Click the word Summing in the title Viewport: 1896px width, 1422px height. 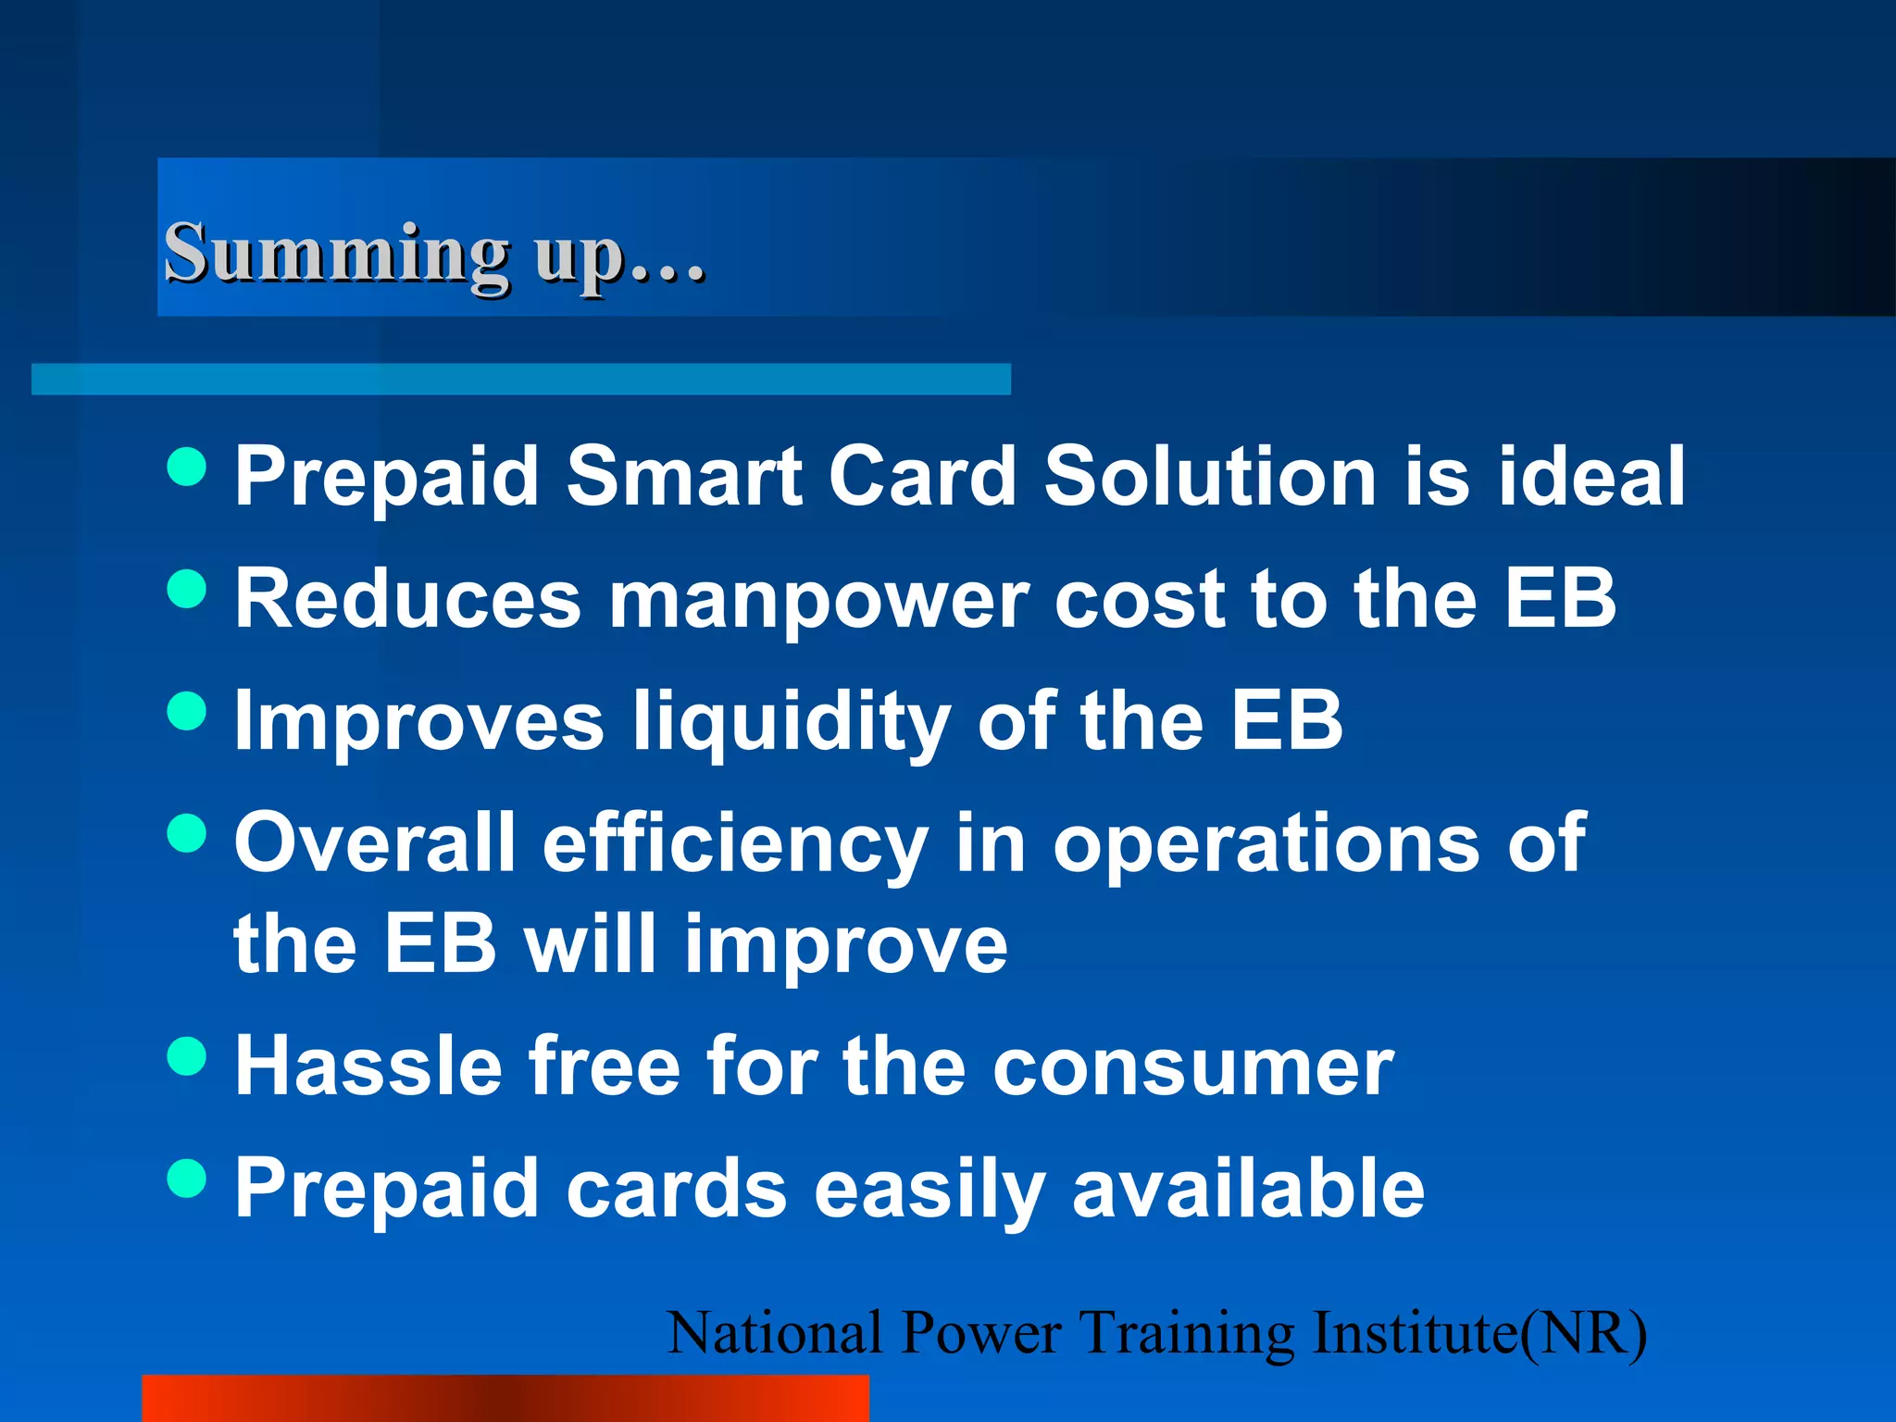pyautogui.click(x=336, y=253)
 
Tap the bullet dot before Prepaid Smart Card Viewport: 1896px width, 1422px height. pyautogui.click(x=187, y=466)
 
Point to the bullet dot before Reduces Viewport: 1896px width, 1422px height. pyautogui.click(x=187, y=589)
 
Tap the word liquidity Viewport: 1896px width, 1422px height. pyautogui.click(x=792, y=723)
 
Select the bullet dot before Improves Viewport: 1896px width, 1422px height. pyautogui.click(x=187, y=711)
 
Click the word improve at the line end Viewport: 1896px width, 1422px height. pyautogui.click(x=845, y=947)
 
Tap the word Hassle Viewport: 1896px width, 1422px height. pyautogui.click(x=368, y=1066)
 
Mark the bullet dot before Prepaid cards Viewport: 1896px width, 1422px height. pyautogui.click(x=187, y=1178)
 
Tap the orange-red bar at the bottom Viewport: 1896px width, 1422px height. pyautogui.click(x=505, y=1398)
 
